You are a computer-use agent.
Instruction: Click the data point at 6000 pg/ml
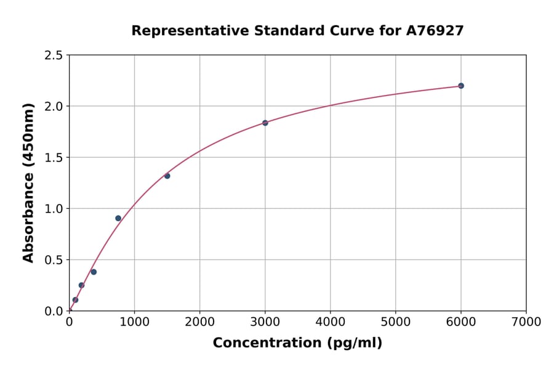point(460,86)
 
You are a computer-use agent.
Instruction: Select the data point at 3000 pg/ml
point(265,123)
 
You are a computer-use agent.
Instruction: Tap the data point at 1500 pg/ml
point(167,176)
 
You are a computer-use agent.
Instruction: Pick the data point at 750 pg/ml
point(118,218)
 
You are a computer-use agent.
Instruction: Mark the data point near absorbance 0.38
point(94,272)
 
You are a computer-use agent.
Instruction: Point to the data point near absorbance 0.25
point(81,285)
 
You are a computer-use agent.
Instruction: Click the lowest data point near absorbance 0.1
point(75,300)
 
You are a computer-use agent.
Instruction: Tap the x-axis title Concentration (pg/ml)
point(297,343)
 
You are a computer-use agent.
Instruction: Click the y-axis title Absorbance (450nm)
point(28,183)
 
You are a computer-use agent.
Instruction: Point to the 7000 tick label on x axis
point(526,322)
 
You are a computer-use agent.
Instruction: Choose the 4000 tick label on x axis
point(331,322)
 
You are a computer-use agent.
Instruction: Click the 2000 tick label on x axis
point(199,322)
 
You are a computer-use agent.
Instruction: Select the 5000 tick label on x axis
point(395,322)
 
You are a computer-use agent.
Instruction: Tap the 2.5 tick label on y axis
point(53,55)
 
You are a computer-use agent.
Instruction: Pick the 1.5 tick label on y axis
point(53,158)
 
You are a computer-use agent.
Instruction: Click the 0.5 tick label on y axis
point(53,260)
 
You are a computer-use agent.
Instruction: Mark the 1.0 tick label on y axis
point(53,209)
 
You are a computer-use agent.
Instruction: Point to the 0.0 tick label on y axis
point(53,311)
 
